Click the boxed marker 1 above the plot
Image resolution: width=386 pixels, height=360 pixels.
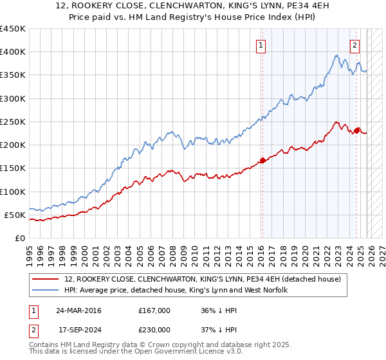261,46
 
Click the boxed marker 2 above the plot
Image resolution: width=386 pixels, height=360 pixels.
354,46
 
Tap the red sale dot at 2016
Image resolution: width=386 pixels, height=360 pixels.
262,161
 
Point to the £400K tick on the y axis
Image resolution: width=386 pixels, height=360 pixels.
12,52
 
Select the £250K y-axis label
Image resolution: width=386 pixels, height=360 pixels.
12,122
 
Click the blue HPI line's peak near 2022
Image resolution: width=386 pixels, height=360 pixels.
336,55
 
